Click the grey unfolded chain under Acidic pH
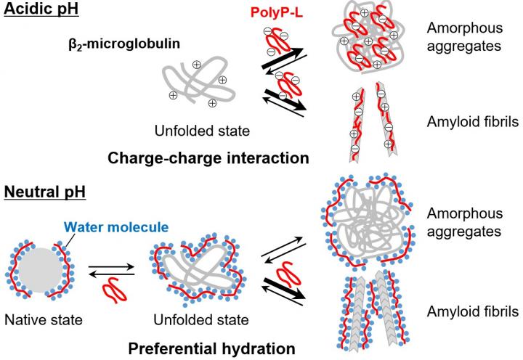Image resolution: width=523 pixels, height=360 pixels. point(192,83)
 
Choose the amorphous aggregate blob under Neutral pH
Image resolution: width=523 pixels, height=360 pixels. point(366,224)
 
